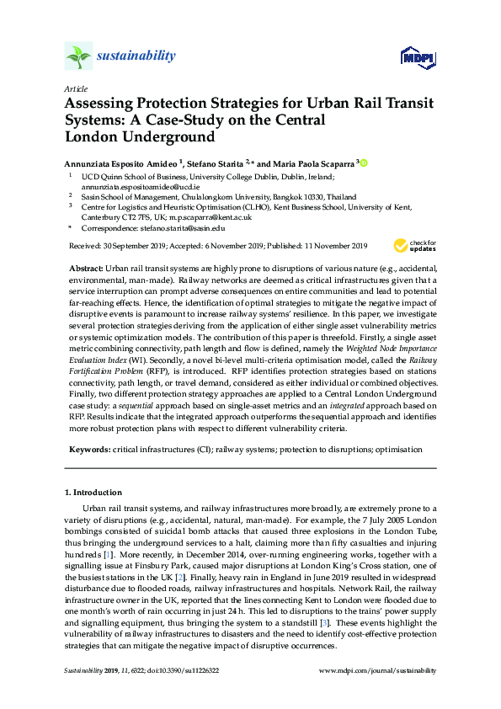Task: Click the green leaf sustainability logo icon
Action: [78, 56]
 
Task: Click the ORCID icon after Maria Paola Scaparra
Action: [365, 163]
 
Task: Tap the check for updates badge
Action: [414, 246]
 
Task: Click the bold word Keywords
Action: [90, 450]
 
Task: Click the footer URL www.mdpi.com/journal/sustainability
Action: [379, 671]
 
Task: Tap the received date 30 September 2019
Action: [131, 246]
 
